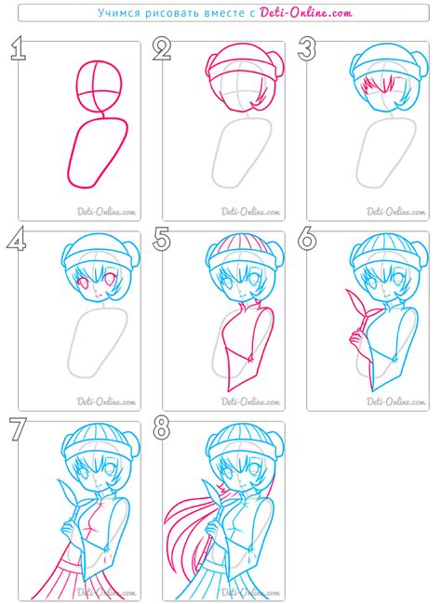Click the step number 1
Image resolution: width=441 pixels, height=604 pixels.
(x=18, y=49)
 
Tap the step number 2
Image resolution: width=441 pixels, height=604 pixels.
(x=162, y=49)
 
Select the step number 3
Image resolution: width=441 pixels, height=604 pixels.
(x=307, y=49)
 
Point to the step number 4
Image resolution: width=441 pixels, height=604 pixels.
(x=17, y=239)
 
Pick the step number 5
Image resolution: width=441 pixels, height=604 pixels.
(x=162, y=239)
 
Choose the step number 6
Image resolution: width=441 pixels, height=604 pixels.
(x=307, y=239)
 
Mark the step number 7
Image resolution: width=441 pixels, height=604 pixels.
(x=18, y=429)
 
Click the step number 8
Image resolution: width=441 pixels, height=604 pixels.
(x=162, y=429)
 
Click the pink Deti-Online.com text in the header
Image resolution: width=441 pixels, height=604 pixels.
(x=306, y=13)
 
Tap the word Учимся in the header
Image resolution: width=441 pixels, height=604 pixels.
(x=119, y=13)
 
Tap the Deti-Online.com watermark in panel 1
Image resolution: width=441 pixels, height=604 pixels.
(x=106, y=212)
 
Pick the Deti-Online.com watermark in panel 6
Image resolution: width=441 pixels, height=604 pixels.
(x=395, y=401)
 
